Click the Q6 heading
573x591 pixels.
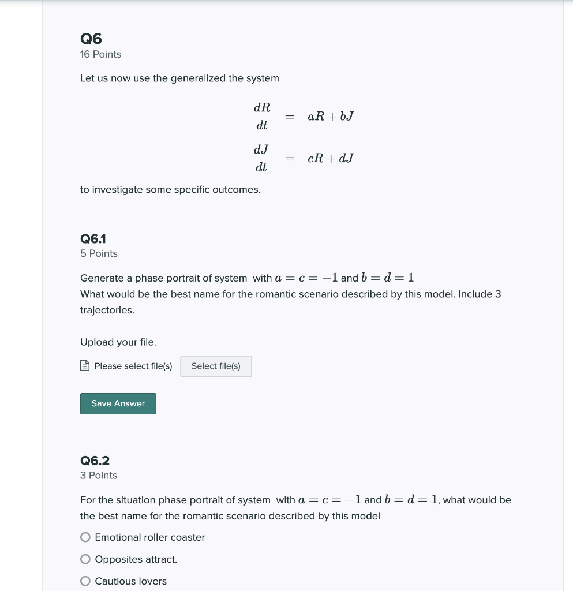(x=91, y=39)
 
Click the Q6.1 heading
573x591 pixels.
(x=93, y=239)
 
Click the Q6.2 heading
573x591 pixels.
(x=95, y=461)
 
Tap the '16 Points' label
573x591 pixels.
(x=100, y=54)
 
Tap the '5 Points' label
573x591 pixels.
(x=99, y=253)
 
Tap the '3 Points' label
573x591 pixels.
(x=99, y=475)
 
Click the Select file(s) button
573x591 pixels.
(x=216, y=366)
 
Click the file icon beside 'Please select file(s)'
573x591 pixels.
(x=85, y=366)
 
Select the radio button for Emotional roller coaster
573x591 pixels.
(x=85, y=537)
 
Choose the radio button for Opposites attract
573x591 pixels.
(x=85, y=559)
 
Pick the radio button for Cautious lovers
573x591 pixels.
(x=85, y=581)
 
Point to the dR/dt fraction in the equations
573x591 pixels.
(x=261, y=116)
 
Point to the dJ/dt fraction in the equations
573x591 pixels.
(x=261, y=158)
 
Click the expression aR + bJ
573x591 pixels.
(x=331, y=116)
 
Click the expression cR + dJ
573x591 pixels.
(x=331, y=158)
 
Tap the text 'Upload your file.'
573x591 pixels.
(x=118, y=342)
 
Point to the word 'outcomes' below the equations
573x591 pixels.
(x=235, y=189)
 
